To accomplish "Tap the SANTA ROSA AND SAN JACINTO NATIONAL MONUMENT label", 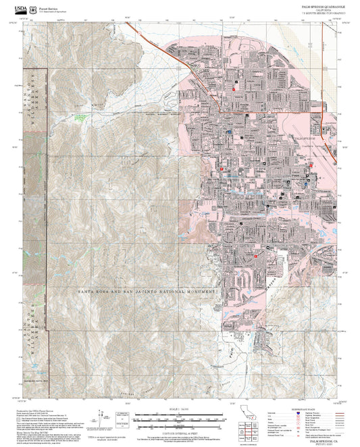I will coord(150,291).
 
